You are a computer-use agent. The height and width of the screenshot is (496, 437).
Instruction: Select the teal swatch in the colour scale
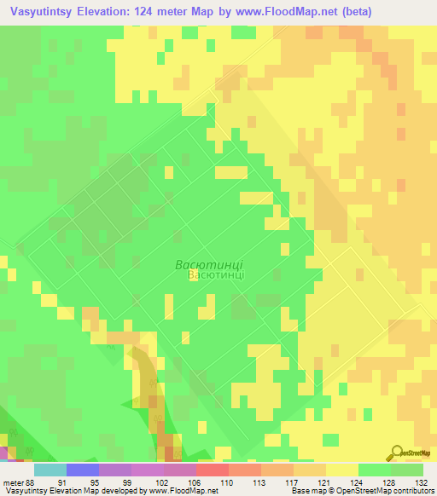click(50, 470)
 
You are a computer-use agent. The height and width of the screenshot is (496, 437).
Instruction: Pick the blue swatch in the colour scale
click(83, 470)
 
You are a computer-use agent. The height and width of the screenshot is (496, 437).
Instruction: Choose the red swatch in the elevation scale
click(213, 470)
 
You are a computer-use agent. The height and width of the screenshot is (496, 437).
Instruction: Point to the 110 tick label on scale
click(202, 482)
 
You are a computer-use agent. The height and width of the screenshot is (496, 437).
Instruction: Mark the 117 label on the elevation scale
click(267, 482)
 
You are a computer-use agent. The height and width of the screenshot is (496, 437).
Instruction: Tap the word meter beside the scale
click(11, 482)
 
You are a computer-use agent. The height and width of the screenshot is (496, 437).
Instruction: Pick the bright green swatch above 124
click(375, 470)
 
